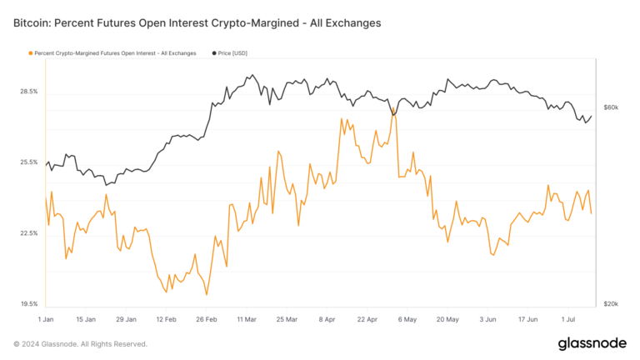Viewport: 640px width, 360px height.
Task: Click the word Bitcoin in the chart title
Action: tap(34, 23)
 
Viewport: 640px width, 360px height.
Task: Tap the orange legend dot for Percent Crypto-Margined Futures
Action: tap(31, 53)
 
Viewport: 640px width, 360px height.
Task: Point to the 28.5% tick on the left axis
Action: tap(27, 91)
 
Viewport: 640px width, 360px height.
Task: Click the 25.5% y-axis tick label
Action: tap(27, 162)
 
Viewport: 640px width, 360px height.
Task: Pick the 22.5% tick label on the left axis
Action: tap(27, 233)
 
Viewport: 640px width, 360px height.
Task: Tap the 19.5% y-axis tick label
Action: tap(27, 304)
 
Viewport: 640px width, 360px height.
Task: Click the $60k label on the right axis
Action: tap(611, 107)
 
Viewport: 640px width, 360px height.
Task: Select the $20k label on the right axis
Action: tap(611, 304)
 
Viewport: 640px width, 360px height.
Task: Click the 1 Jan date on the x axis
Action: tap(47, 319)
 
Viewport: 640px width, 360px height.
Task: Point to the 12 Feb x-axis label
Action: tap(166, 319)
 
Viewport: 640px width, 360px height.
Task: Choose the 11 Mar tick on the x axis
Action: tap(247, 319)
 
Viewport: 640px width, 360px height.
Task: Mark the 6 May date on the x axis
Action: tap(408, 319)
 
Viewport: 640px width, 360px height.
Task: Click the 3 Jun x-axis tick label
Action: tap(489, 319)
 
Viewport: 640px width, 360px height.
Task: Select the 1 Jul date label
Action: tap(570, 319)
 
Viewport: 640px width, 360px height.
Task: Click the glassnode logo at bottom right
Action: tap(592, 343)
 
